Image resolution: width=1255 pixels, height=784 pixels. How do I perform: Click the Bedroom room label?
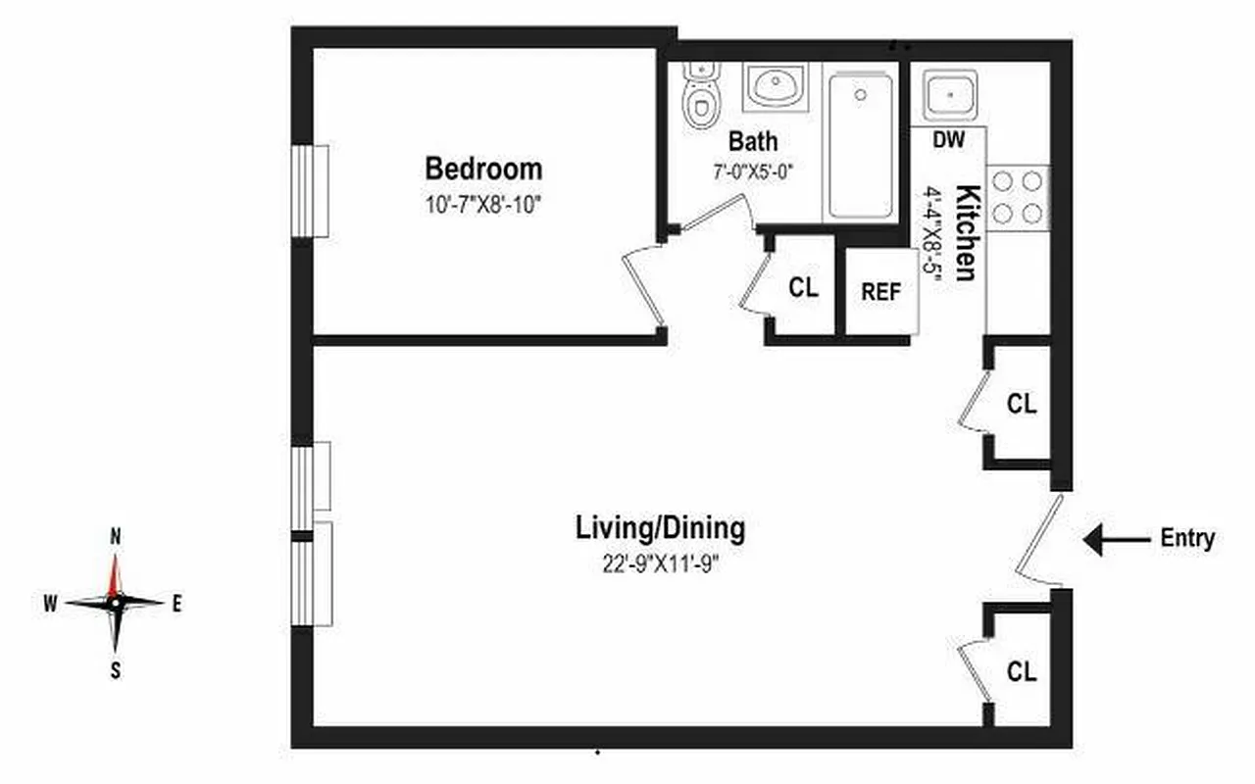482,169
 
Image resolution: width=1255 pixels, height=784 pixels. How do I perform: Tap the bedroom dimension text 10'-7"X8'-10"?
482,207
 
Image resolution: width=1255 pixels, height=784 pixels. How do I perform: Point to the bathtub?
860,145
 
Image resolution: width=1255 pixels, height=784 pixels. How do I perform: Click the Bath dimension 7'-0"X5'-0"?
752,170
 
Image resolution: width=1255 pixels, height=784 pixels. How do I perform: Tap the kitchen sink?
949,95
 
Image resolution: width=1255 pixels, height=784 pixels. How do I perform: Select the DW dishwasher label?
948,140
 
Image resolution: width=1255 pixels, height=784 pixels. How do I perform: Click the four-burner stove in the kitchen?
1018,197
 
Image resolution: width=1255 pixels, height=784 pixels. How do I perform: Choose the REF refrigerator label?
880,292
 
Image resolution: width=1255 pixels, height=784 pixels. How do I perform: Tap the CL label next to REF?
803,288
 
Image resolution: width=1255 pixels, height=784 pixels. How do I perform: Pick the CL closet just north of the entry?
1022,404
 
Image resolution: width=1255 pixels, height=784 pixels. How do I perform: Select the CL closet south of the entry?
1022,671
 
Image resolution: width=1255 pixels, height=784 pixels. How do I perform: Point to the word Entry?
1187,538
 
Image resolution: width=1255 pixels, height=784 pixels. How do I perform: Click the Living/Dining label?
659,529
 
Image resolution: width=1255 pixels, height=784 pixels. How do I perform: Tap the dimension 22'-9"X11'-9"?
659,564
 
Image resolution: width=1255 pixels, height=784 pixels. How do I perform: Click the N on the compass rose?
116,537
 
